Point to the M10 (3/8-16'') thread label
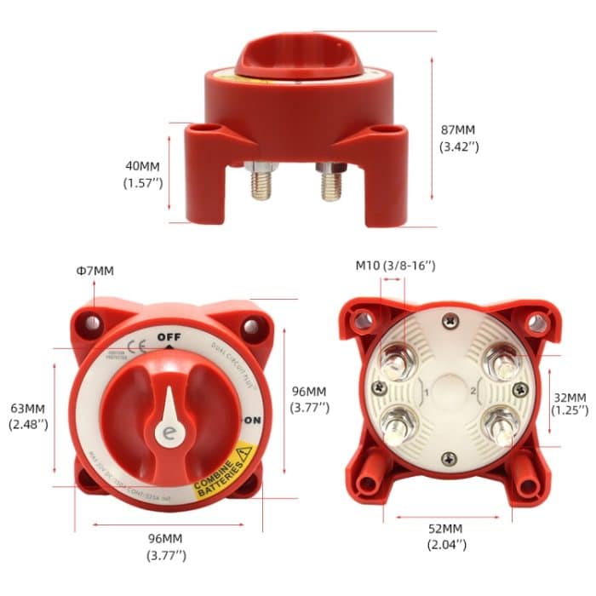pyautogui.click(x=394, y=266)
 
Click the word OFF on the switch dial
pyautogui.click(x=169, y=336)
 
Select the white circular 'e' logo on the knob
pyautogui.click(x=167, y=433)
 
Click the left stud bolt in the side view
pyautogui.click(x=260, y=183)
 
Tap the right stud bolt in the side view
pyautogui.click(x=331, y=183)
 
